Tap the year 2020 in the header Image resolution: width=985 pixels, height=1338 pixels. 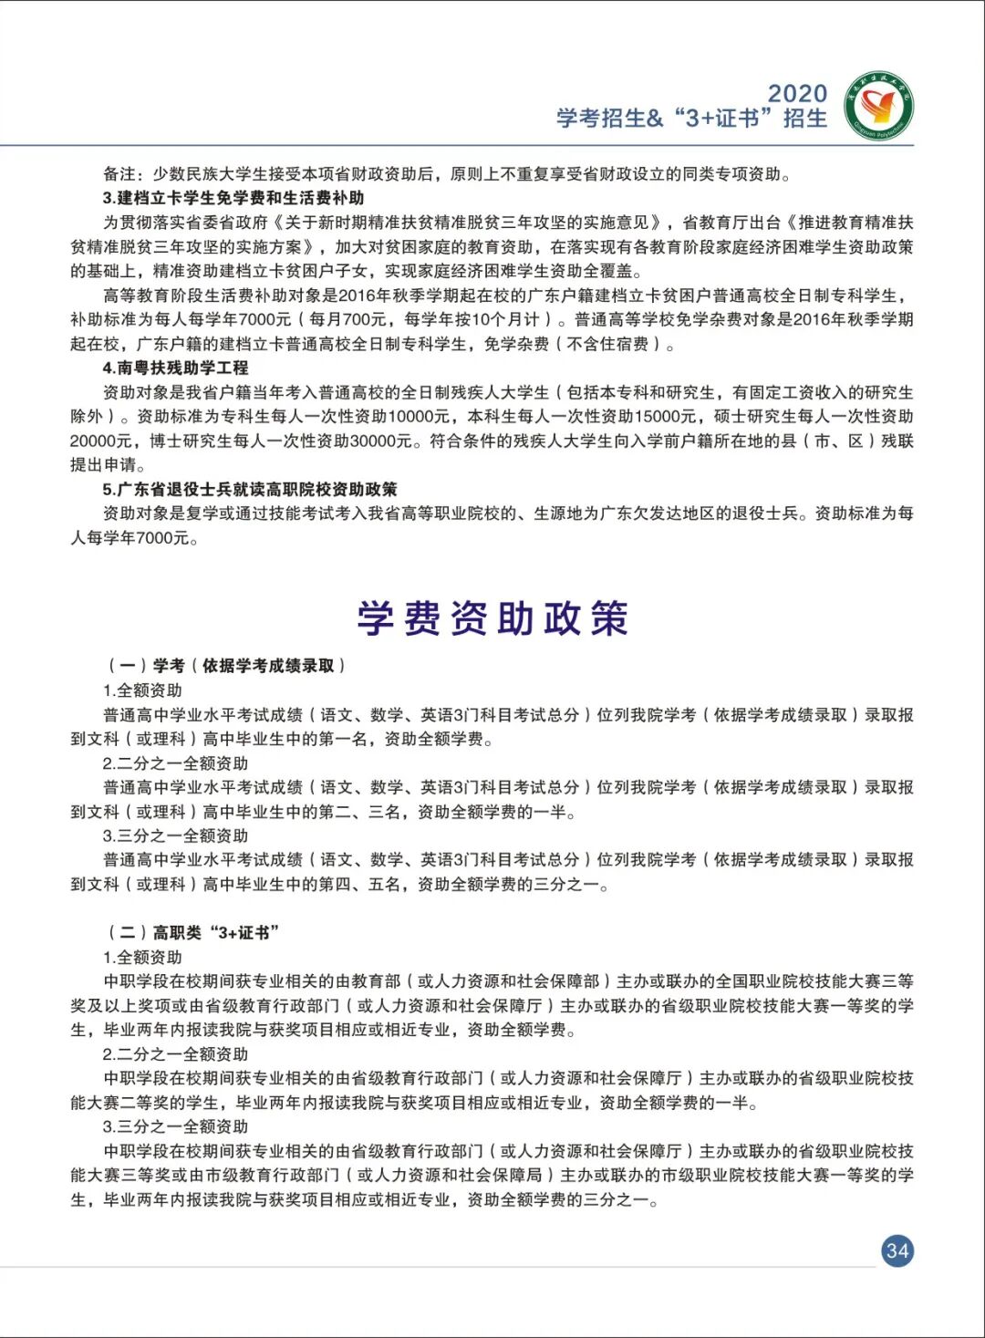tap(797, 93)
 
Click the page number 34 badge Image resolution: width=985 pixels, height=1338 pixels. tap(897, 1250)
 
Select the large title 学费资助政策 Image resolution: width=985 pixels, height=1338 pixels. tap(493, 618)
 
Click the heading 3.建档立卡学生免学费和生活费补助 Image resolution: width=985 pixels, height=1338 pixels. tap(233, 198)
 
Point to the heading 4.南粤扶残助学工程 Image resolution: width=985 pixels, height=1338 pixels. tap(175, 368)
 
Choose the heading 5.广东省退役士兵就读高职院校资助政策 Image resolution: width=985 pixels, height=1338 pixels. tap(250, 490)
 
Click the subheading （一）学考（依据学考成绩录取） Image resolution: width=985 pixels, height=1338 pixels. tap(225, 666)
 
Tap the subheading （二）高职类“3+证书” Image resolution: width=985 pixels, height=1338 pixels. tap(192, 932)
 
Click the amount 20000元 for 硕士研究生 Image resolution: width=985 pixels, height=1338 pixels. tap(101, 441)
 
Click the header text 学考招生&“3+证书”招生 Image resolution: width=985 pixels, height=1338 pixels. tap(691, 119)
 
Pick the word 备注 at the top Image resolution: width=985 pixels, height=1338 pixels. tap(119, 174)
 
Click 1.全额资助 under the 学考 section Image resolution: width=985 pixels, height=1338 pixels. tap(142, 690)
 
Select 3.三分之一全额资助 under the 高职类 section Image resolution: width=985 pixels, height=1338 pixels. tap(175, 1126)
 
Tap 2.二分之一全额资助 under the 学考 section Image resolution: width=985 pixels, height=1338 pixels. tap(175, 763)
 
